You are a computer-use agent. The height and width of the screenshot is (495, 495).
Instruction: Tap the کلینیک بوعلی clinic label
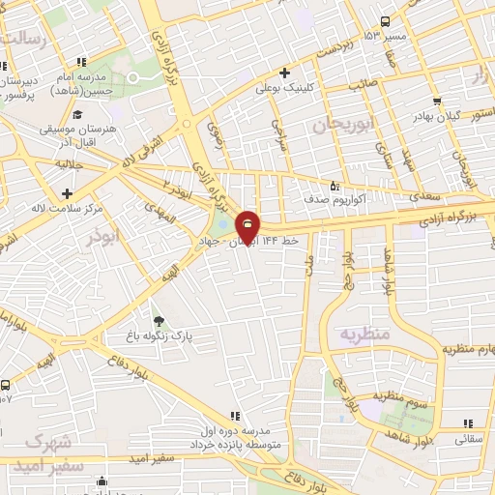tap(281, 87)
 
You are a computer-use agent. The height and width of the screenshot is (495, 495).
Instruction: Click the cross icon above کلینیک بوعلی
tap(283, 73)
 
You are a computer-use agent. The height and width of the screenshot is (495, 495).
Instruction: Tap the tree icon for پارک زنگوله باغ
tap(158, 322)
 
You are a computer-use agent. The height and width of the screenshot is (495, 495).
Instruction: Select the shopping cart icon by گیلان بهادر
tap(438, 101)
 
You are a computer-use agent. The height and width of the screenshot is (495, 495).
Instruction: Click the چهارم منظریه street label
tap(468, 348)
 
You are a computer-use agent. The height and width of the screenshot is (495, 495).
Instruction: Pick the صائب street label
tap(362, 84)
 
